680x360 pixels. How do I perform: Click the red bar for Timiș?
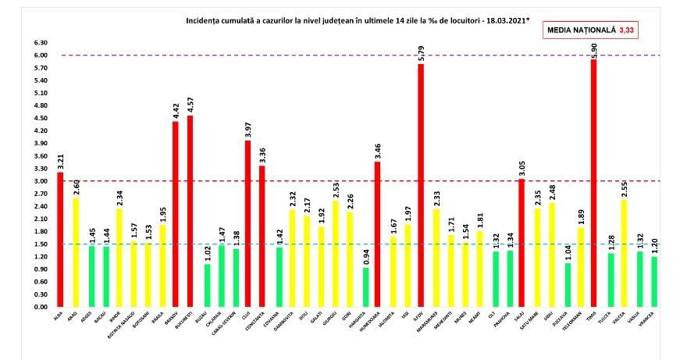pos(593,184)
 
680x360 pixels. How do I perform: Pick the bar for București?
pos(190,211)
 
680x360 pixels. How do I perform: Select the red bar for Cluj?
pos(248,223)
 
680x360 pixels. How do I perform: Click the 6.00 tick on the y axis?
pos(39,55)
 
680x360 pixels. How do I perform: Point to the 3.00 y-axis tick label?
pos(39,181)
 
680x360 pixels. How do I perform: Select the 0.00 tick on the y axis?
pos(39,307)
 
